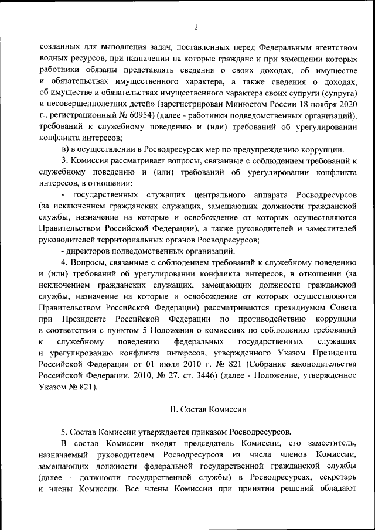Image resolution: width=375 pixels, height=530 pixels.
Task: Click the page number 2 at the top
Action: pyautogui.click(x=196, y=27)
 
